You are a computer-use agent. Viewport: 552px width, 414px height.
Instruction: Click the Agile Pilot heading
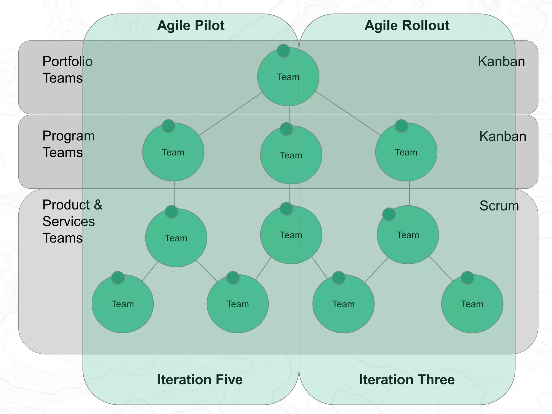coord(191,26)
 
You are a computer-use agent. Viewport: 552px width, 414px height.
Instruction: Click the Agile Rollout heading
coord(407,26)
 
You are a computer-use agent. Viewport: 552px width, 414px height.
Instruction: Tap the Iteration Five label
coord(200,379)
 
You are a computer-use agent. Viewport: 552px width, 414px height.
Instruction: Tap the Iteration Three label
coord(407,379)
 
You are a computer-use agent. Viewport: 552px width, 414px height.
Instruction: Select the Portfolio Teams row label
coord(67,70)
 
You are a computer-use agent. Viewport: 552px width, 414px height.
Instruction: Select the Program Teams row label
coord(68,144)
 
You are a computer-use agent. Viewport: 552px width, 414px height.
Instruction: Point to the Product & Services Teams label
coord(72,221)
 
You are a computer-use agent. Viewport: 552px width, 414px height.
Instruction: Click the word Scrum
coord(499,206)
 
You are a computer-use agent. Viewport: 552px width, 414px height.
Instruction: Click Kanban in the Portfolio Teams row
coord(501,62)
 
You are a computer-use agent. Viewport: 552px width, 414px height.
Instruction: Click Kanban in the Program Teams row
coord(502,136)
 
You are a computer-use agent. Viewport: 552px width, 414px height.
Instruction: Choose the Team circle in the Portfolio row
coord(288,77)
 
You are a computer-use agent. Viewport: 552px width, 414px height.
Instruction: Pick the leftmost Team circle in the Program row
coord(173,153)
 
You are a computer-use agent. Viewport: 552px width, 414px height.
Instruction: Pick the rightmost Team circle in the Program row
coord(406,153)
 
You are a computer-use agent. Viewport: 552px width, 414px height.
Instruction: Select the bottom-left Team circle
coord(123,304)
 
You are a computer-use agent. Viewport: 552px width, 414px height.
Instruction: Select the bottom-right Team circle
coord(472,304)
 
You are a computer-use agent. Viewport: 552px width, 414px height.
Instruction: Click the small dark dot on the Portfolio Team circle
coord(283,51)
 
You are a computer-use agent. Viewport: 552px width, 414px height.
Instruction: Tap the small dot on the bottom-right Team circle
coord(467,278)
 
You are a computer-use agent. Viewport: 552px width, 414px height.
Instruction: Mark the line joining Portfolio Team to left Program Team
coord(231,114)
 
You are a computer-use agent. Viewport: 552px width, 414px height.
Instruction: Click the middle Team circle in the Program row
coord(291,156)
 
